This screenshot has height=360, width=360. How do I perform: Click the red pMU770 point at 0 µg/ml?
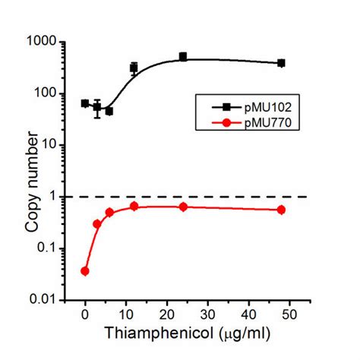[85, 271]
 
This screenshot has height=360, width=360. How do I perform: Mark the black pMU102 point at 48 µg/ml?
[281, 63]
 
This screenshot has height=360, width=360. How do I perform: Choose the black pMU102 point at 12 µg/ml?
[134, 68]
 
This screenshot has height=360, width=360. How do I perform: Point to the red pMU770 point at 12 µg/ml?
[134, 206]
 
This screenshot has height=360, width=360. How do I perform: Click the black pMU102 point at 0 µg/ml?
[85, 103]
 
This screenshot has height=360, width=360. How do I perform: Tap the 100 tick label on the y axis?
[54, 93]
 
